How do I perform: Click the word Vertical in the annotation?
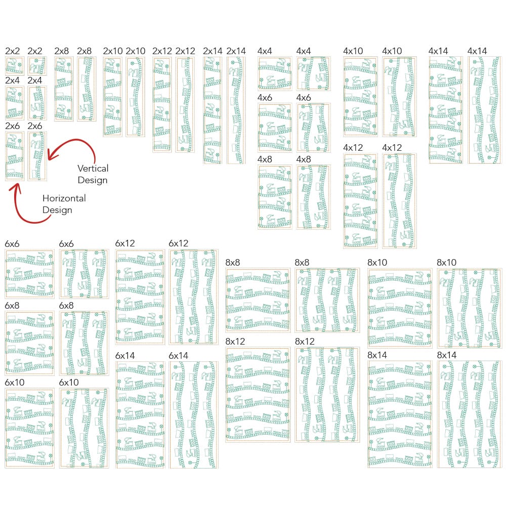coord(93,168)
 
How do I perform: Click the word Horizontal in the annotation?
coord(64,198)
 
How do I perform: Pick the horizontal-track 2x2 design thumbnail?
coord(14,65)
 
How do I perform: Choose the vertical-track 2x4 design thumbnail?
coord(37,103)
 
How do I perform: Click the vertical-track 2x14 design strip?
coord(236,110)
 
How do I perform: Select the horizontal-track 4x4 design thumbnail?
coord(275,74)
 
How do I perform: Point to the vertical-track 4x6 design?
coord(313,128)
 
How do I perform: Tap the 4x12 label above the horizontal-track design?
coord(353,148)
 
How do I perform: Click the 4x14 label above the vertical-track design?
coord(477,51)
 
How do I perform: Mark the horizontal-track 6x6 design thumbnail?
coord(29,274)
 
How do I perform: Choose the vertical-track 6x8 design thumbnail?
coord(83,343)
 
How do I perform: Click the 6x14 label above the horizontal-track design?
coord(125,356)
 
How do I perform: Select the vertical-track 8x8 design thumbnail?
coord(327,300)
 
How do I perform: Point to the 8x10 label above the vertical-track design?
coord(447,263)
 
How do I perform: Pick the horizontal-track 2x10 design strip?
coord(112,96)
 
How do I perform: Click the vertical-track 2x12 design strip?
coord(185,104)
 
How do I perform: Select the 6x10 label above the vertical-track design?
coord(69,382)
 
